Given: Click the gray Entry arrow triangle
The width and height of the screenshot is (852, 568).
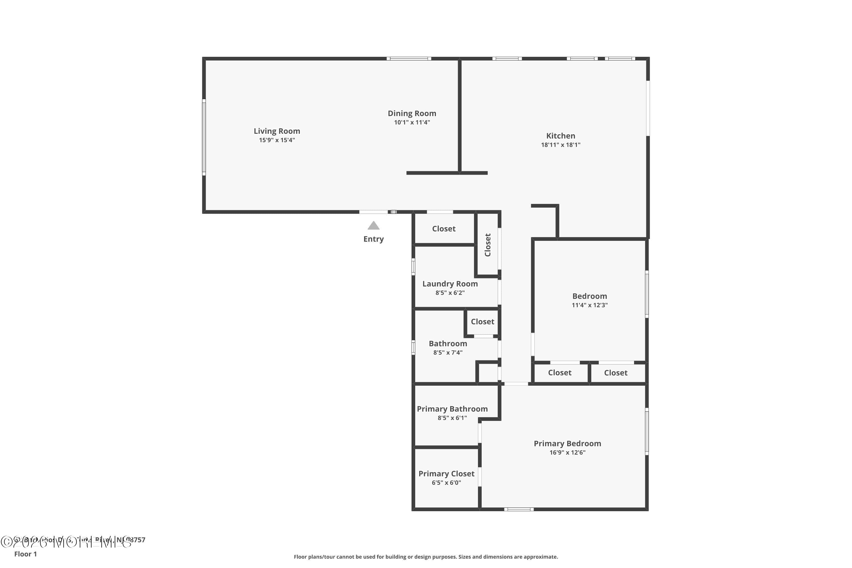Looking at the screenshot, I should pos(373,226).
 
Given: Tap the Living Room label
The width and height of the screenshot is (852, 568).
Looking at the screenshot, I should pos(277,131).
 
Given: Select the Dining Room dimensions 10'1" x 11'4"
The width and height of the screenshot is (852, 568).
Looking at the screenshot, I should pos(412,122).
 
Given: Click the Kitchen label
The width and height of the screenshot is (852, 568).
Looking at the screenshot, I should pos(560,136).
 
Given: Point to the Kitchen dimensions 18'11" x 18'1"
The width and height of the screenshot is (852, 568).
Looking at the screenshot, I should pos(560,145).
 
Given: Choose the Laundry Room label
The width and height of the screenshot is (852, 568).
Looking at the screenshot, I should pos(450,284).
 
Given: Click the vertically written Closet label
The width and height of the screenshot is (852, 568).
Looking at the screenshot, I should pos(488,245).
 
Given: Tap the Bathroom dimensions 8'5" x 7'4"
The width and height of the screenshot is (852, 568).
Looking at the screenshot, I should pos(448,352).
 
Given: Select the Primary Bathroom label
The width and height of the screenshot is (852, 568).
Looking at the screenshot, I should pos(452,409).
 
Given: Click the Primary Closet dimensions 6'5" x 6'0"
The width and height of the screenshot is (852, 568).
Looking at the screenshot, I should pos(446,483).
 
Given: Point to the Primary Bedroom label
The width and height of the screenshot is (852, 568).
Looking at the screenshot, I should pos(567,443).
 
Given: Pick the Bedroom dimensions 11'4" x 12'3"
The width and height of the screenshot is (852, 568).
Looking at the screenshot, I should pos(589,305).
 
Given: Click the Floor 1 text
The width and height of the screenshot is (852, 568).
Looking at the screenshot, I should pos(25,554).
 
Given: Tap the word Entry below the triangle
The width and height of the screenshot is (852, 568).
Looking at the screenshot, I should pos(373,239).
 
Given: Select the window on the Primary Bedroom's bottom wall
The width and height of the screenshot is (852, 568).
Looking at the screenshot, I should pos(519,509).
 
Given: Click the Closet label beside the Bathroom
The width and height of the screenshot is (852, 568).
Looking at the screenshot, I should pos(482,322).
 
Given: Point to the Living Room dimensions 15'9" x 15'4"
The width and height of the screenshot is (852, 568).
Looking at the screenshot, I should pos(277,140).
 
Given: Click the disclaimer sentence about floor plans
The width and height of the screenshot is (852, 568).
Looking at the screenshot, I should pos(426,557).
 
